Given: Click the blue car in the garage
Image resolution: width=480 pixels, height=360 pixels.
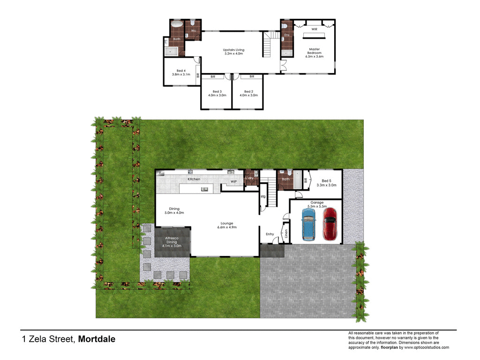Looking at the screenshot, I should coord(309,224).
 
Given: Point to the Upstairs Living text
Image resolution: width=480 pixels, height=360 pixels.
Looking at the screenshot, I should coord(233,52).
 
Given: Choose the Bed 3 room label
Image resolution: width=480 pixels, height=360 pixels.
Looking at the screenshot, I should coord(217,93).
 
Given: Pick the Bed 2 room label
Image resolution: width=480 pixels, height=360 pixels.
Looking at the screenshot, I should coord(248,93).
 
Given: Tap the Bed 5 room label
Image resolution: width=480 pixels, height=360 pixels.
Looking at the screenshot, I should coord(326,182).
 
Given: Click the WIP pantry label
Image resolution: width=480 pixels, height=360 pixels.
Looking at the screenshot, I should coord(233,181).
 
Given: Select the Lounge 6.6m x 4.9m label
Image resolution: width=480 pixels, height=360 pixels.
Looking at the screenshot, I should coord(227,225).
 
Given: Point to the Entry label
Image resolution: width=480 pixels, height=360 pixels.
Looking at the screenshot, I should coord(270,234).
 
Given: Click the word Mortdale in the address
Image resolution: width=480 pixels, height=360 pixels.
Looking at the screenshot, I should coord(97,339).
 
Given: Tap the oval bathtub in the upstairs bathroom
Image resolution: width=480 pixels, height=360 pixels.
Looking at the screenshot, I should coord(177,24).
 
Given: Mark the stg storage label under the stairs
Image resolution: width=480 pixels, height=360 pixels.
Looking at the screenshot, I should coord(263,196).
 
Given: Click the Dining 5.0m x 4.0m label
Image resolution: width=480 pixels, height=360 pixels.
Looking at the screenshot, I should coord(174,211).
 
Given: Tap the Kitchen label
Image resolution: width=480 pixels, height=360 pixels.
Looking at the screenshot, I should coord(194,179).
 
